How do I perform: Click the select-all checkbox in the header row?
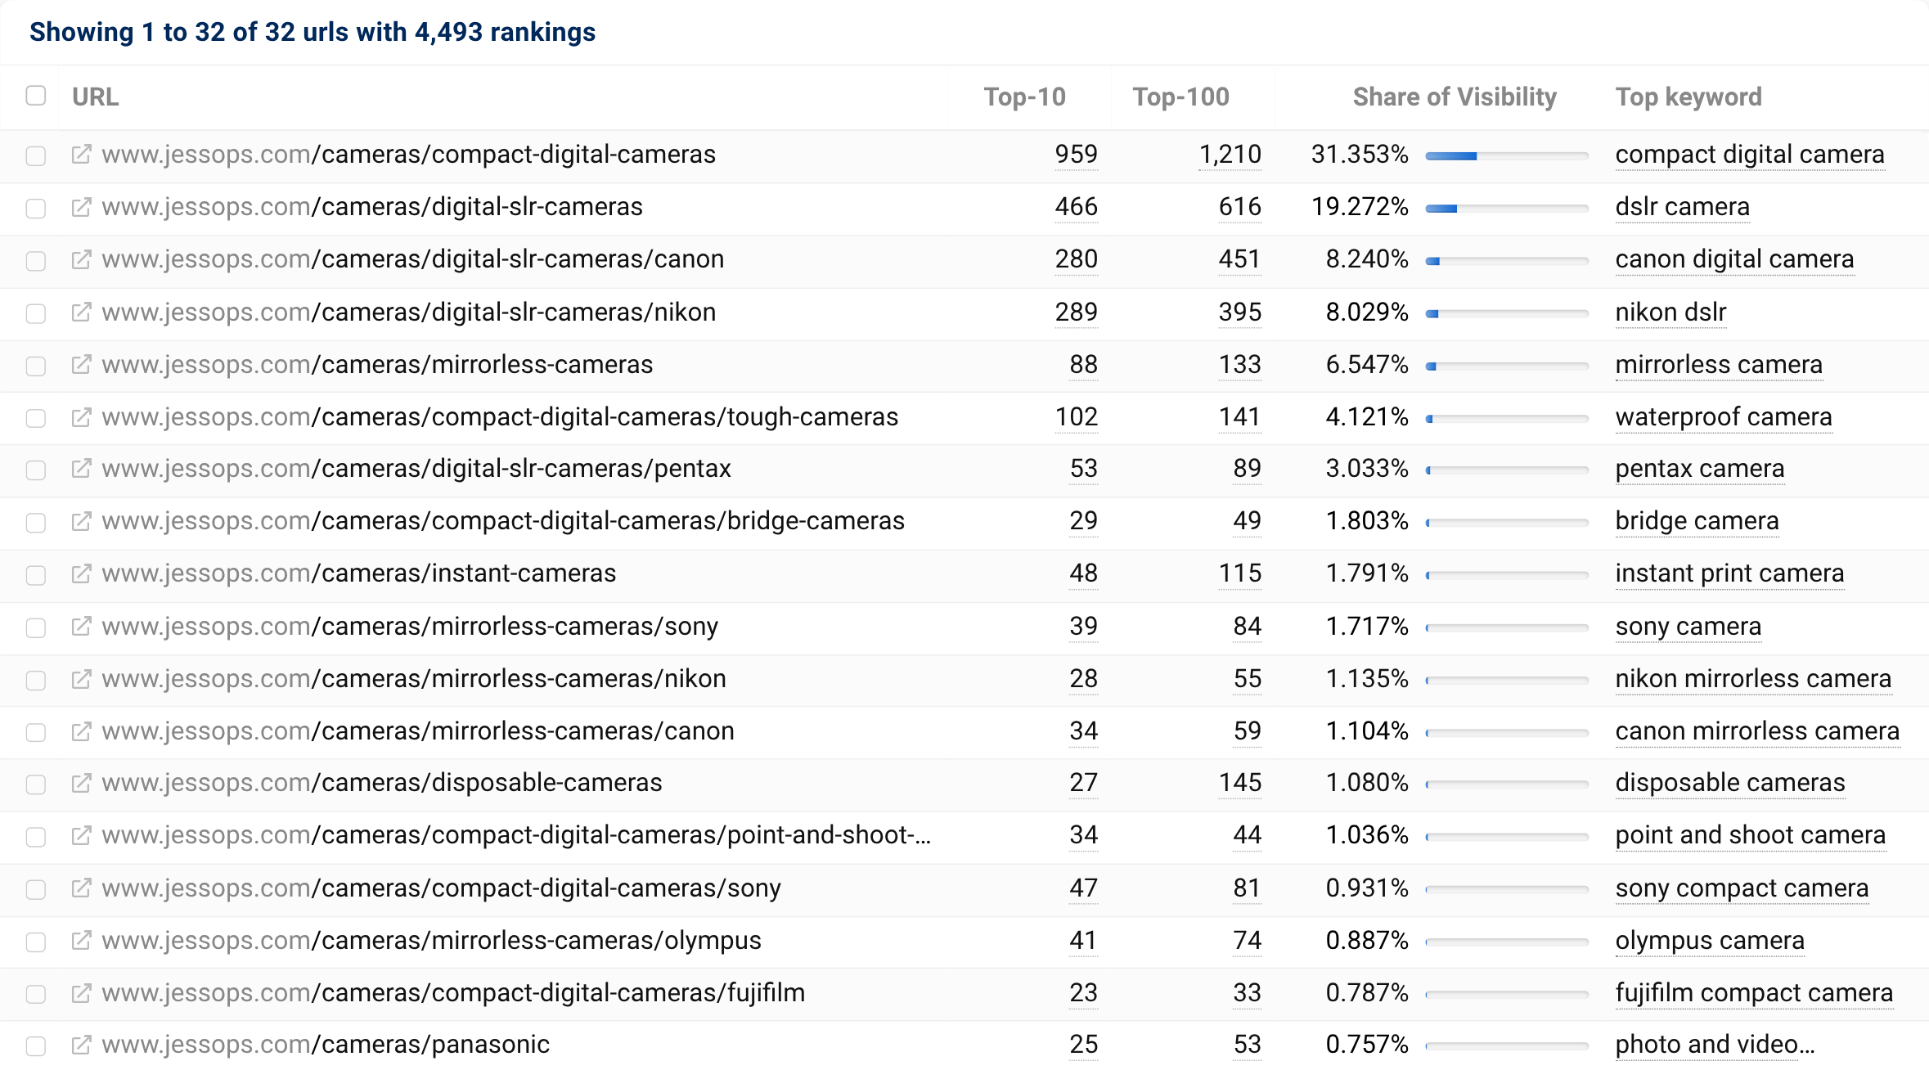[36, 96]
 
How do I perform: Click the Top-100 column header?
[1180, 97]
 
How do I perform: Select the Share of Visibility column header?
[1454, 97]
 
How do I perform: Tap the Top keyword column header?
[1688, 97]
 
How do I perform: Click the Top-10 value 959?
[1075, 155]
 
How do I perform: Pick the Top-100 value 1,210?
[1230, 155]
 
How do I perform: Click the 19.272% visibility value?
[1359, 207]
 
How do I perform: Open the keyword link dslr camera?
[1681, 207]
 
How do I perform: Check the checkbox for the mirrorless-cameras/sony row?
[36, 627]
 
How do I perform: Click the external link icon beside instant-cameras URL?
[81, 573]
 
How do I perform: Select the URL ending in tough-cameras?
[499, 417]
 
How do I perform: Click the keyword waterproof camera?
[1723, 417]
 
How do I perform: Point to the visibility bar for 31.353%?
[1505, 155]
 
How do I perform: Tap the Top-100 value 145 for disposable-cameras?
[1239, 783]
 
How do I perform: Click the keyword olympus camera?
[1709, 941]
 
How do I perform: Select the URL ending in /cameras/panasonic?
[326, 1045]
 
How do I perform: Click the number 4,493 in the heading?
[448, 32]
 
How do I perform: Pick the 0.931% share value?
[1366, 888]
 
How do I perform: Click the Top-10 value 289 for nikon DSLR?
[1075, 312]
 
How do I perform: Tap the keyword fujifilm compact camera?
[1753, 993]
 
